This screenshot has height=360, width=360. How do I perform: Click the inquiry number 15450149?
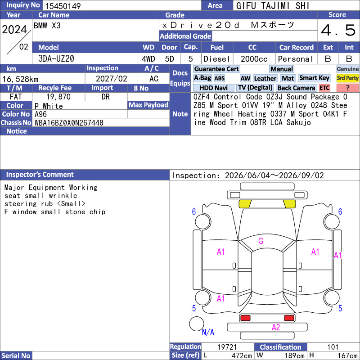click(x=63, y=6)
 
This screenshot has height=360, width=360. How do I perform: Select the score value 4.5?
click(x=338, y=30)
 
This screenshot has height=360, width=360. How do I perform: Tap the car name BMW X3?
click(x=47, y=26)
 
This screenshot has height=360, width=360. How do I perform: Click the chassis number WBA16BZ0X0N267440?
click(x=69, y=123)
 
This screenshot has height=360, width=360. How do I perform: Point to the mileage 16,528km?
click(x=20, y=79)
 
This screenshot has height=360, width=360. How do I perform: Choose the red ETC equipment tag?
click(x=324, y=88)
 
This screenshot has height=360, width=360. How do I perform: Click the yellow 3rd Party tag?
click(x=347, y=78)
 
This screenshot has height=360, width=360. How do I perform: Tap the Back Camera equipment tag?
click(x=296, y=88)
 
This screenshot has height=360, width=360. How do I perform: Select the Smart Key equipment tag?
click(x=314, y=78)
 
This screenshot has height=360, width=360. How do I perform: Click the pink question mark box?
click(x=347, y=88)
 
